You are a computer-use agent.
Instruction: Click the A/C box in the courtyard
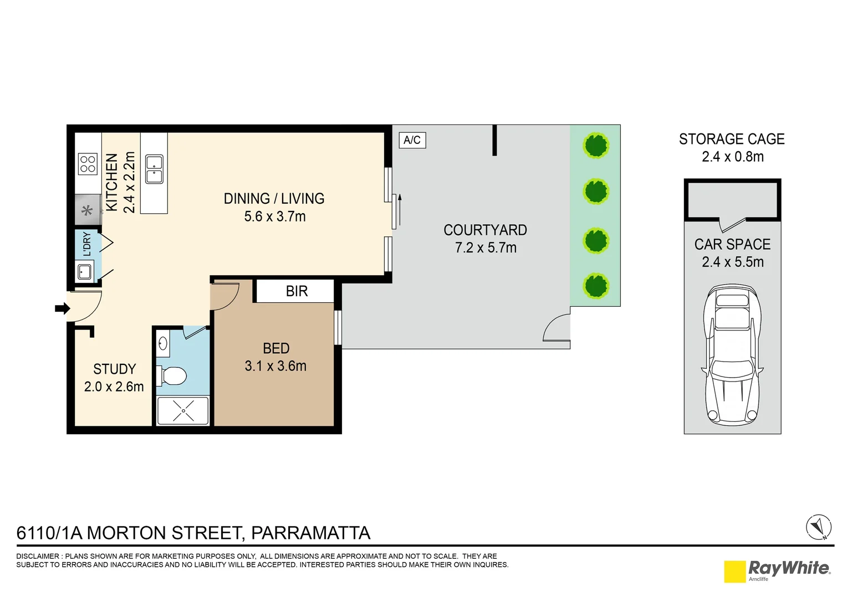(412, 140)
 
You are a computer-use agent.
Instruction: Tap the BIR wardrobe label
(297, 291)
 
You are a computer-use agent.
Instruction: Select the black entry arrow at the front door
(62, 308)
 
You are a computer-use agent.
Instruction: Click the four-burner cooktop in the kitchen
(88, 164)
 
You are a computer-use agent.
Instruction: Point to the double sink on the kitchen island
(154, 169)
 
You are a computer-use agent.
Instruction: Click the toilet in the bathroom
(172, 376)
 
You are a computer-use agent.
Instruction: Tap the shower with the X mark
(183, 410)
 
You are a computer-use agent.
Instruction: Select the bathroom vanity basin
(163, 344)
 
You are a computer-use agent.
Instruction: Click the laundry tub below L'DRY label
(85, 271)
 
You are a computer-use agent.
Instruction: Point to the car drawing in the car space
(732, 354)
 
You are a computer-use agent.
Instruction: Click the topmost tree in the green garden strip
(596, 146)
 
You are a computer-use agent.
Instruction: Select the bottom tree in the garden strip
(596, 286)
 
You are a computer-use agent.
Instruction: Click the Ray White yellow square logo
(734, 571)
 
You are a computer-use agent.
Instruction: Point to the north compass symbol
(818, 527)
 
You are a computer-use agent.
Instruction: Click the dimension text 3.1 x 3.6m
(275, 366)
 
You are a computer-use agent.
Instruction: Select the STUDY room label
(114, 369)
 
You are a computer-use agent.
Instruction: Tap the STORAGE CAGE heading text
(732, 139)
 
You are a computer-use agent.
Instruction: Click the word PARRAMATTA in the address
(310, 533)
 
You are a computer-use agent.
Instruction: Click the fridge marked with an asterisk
(88, 210)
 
